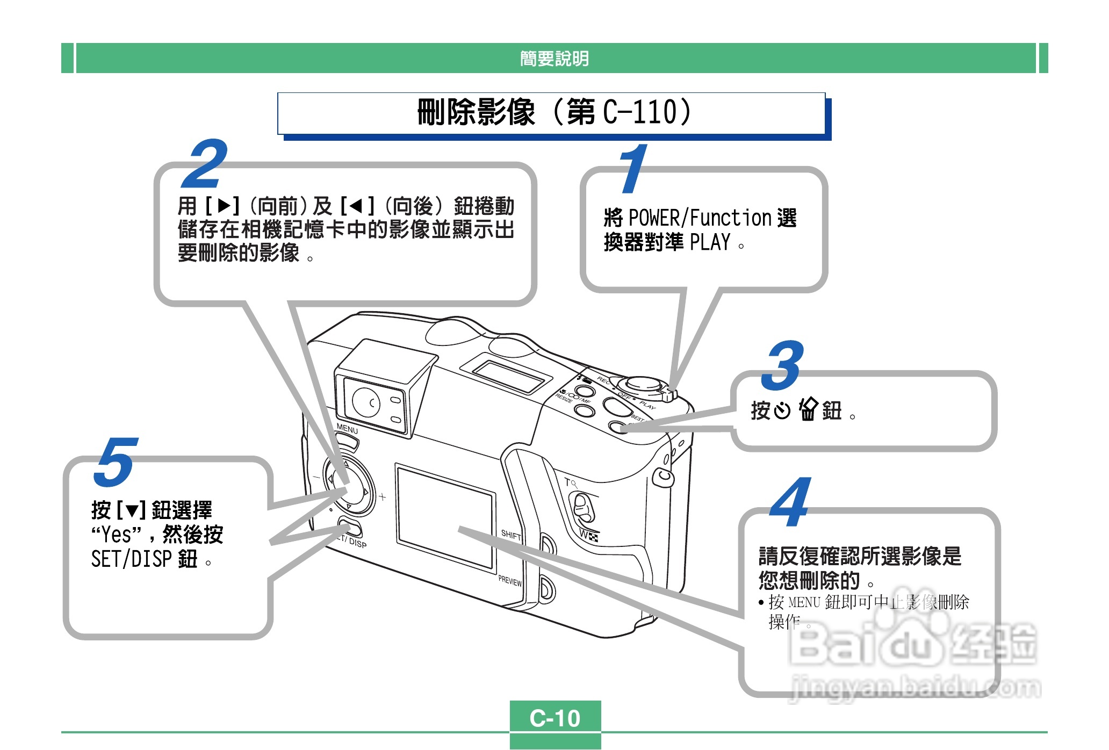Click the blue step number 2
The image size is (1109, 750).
[205, 163]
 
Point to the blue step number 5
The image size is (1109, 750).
[116, 461]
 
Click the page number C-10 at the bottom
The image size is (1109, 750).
[555, 718]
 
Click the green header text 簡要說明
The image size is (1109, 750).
[554, 58]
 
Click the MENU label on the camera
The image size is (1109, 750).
[347, 429]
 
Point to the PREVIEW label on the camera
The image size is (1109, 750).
[510, 581]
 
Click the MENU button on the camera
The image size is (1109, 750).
[348, 442]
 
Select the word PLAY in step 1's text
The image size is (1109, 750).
[710, 243]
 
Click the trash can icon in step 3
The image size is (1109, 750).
[808, 410]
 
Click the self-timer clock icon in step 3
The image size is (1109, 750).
[782, 410]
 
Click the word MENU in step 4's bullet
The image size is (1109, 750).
[804, 602]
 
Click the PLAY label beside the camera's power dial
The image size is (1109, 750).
[647, 405]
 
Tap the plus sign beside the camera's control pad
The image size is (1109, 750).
[382, 496]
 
